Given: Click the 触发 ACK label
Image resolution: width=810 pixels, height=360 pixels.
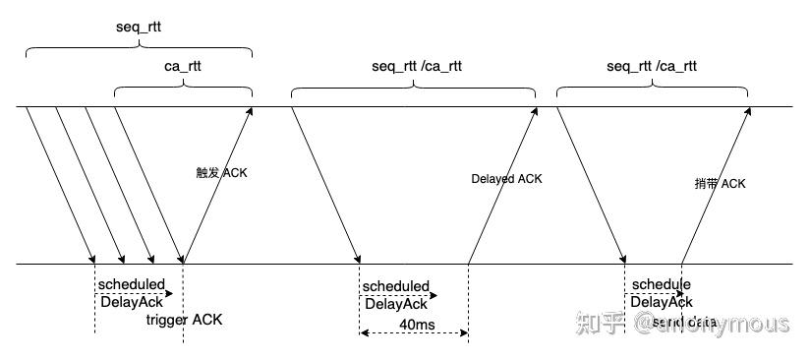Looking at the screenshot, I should [222, 173].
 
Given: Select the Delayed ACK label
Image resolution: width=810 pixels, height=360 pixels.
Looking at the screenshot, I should [506, 179].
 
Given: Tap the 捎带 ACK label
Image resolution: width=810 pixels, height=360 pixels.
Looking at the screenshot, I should [720, 184].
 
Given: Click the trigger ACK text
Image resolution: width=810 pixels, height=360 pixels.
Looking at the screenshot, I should [184, 320].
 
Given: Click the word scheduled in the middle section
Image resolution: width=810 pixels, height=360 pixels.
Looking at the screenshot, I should [395, 286].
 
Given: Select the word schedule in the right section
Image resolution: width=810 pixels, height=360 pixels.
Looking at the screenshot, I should [661, 284].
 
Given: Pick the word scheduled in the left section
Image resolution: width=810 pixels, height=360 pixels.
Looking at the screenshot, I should [132, 284].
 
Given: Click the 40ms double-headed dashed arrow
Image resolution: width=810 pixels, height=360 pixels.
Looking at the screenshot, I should [413, 333].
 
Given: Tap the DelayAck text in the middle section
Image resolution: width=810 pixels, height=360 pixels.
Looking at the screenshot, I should [395, 304].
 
